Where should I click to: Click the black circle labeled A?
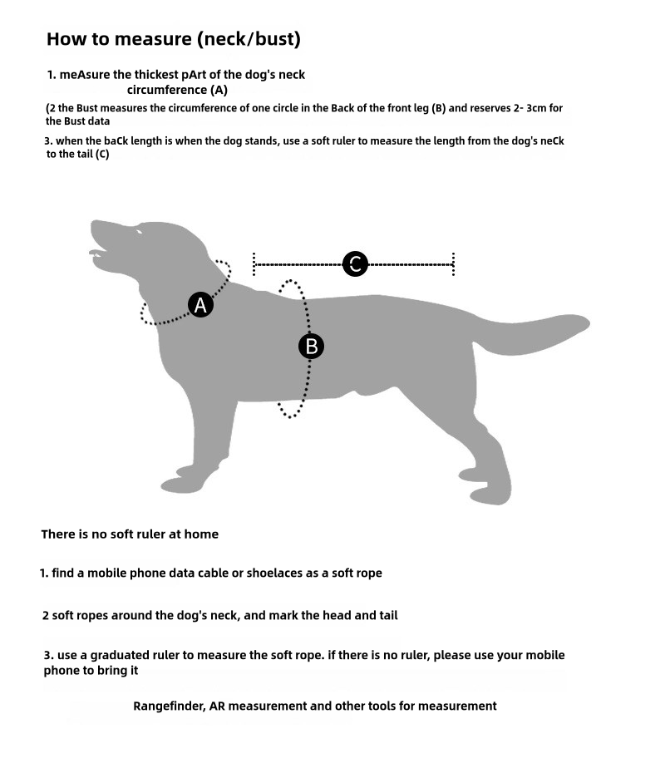(200, 305)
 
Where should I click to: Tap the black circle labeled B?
(312, 346)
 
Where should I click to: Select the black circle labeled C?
(355, 264)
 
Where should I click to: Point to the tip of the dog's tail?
(587, 322)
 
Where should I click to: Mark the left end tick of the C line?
(254, 264)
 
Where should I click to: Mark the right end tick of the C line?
(453, 264)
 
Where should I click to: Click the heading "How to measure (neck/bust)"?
(173, 39)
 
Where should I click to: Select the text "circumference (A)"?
(177, 90)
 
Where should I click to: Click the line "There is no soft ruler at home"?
(130, 534)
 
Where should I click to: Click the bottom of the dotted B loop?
(290, 414)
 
